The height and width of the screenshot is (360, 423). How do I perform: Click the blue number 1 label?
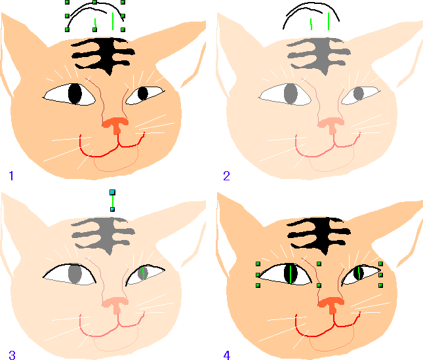click(x=11, y=176)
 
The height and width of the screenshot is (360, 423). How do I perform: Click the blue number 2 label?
click(x=227, y=176)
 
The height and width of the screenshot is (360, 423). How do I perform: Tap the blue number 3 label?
click(x=12, y=355)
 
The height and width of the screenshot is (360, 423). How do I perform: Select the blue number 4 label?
click(x=227, y=355)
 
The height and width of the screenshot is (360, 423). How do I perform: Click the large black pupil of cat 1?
click(x=75, y=94)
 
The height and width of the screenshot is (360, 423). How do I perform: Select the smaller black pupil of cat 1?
click(x=143, y=94)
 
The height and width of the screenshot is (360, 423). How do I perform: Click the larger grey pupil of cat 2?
click(x=291, y=94)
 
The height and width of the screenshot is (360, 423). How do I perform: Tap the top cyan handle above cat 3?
click(x=113, y=192)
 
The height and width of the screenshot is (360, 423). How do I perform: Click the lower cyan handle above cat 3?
click(x=113, y=209)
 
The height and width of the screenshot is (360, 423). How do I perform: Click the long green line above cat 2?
click(x=329, y=21)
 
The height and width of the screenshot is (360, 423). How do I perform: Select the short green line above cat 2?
click(x=312, y=24)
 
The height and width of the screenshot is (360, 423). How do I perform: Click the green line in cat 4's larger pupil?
click(x=291, y=274)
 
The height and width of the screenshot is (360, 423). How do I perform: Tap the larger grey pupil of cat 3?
click(x=75, y=273)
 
